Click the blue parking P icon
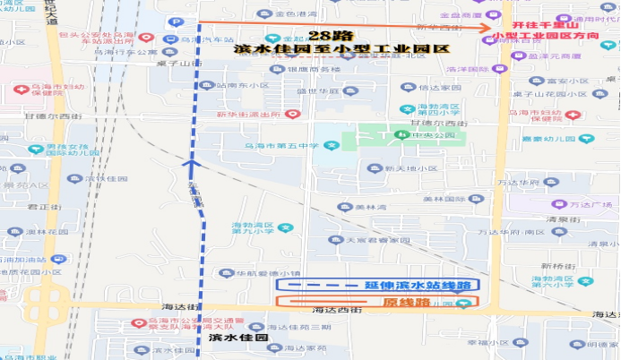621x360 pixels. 177,21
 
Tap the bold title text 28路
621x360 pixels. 324,35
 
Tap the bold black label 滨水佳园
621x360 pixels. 238,339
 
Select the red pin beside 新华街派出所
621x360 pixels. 291,114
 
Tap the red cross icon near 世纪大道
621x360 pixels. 20,90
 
